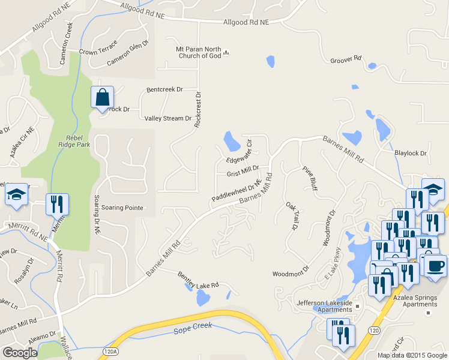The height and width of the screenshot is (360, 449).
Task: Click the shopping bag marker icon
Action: tap(102, 97)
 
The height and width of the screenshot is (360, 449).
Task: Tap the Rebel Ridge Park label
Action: tap(74, 141)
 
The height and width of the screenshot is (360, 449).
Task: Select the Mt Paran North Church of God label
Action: tap(199, 52)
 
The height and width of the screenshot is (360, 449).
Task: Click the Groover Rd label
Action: tap(346, 59)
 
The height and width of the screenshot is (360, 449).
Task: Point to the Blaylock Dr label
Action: tap(410, 153)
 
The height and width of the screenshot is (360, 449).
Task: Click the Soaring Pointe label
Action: tap(122, 208)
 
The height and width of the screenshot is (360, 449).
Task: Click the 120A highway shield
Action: tap(109, 351)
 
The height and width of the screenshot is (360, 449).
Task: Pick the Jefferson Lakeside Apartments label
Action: tap(324, 307)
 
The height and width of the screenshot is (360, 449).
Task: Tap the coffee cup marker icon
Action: tap(436, 265)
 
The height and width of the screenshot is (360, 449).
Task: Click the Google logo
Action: tap(20, 353)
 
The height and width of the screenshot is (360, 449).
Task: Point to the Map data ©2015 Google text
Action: tap(411, 355)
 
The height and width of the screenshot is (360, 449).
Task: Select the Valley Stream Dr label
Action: tap(167, 118)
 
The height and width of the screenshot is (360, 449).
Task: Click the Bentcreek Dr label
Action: tap(164, 90)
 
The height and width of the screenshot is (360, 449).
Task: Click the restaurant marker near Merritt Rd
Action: tap(58, 204)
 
